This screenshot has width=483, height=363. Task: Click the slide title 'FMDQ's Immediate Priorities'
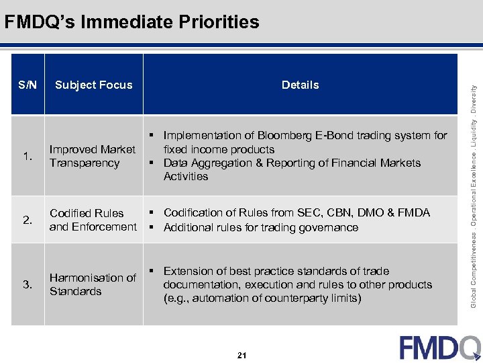(131, 22)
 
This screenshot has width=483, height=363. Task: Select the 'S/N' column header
(28, 85)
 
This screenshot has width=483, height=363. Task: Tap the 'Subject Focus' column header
(94, 85)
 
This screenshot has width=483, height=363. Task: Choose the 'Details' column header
(300, 85)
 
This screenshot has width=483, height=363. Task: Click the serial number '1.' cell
(28, 157)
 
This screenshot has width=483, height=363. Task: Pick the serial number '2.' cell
(28, 220)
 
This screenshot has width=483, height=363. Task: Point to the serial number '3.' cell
(28, 284)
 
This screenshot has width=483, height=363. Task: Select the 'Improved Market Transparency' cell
(93, 156)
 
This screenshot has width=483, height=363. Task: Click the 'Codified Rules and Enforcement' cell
(93, 220)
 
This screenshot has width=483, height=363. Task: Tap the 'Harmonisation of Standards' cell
(93, 284)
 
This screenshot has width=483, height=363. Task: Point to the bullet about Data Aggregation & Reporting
(292, 169)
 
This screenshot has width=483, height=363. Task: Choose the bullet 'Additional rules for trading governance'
(261, 228)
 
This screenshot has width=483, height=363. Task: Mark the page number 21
(241, 355)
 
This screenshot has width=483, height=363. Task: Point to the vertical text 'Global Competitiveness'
(474, 265)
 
